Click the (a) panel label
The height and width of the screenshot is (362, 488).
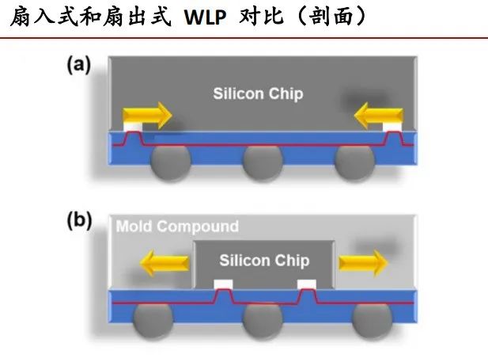click(x=79, y=64)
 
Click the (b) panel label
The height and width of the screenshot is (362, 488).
click(x=79, y=220)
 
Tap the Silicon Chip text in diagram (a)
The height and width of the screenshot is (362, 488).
click(x=258, y=93)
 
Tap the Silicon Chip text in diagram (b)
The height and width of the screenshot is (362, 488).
click(x=264, y=261)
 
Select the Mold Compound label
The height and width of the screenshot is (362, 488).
click(x=177, y=227)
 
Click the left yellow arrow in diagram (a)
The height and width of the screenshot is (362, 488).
click(x=147, y=116)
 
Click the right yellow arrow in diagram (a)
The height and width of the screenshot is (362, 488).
click(x=379, y=116)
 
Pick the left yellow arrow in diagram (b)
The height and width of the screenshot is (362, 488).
click(x=165, y=263)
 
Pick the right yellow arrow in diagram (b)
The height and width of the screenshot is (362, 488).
click(x=363, y=263)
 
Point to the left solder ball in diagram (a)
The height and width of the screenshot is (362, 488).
click(x=170, y=162)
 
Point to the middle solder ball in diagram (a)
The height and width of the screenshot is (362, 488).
click(x=263, y=162)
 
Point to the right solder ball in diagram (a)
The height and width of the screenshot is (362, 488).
click(x=354, y=162)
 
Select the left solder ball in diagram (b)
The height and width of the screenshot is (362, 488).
click(x=153, y=321)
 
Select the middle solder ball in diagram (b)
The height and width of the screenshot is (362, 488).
click(x=263, y=321)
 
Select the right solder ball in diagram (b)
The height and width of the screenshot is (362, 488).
click(x=372, y=321)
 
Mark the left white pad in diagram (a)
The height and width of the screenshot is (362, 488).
click(x=133, y=127)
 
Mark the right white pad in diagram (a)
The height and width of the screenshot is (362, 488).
click(x=392, y=127)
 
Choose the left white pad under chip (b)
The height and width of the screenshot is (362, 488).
click(x=224, y=284)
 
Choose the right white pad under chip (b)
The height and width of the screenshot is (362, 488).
click(x=307, y=284)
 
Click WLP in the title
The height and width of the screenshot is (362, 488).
click(x=205, y=17)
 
